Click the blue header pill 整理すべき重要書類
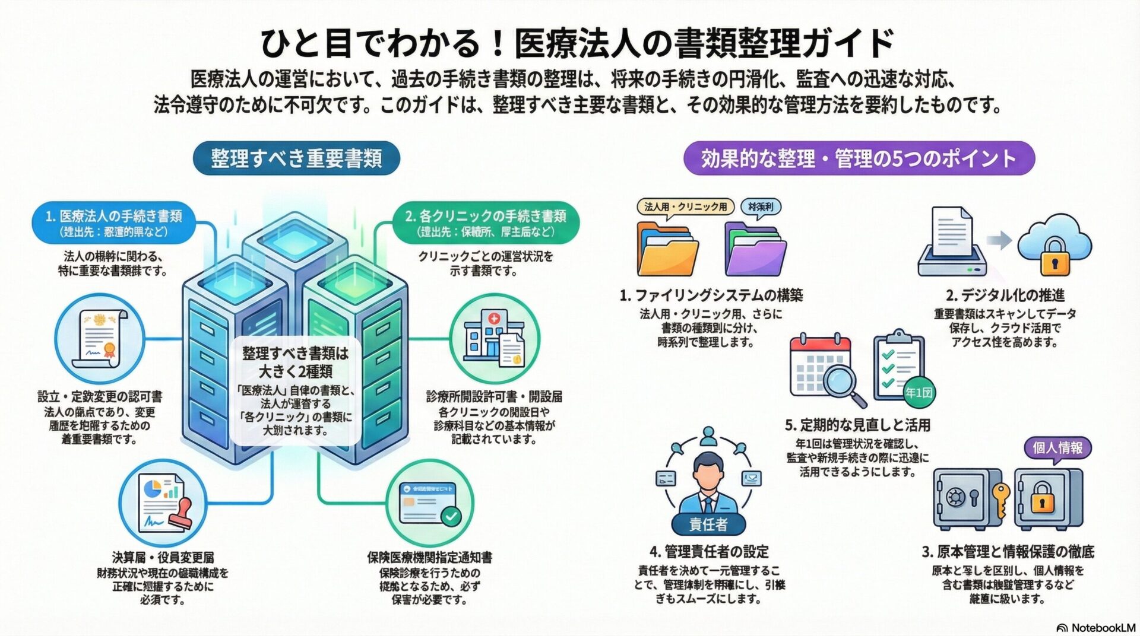tap(296, 158)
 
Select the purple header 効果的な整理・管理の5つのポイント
tap(859, 158)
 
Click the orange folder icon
tap(667, 249)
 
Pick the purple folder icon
tap(755, 249)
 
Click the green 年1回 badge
tap(919, 392)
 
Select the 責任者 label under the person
tap(708, 524)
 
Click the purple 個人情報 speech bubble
tap(1057, 447)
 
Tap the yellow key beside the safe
tap(1001, 498)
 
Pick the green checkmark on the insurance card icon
tap(451, 516)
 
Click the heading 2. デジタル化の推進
tap(1005, 295)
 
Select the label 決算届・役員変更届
tap(163, 557)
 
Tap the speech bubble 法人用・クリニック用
tap(685, 206)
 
